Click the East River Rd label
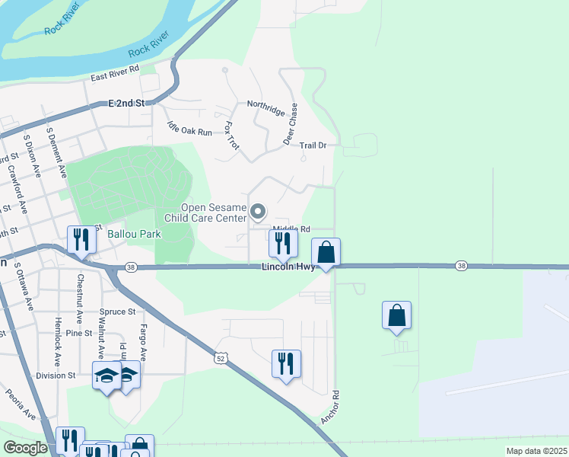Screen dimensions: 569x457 point(115,73)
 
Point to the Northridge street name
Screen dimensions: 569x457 point(265,104)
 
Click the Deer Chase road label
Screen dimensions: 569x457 point(291,124)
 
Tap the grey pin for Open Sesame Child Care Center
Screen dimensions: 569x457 point(259,213)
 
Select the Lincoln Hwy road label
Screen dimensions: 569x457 point(288,267)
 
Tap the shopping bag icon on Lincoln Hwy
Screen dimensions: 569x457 point(326,252)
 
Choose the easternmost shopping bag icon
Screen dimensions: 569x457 point(397,315)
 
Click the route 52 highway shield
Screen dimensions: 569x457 point(221,357)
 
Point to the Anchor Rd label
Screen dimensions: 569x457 point(329,408)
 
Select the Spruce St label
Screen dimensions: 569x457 point(117,312)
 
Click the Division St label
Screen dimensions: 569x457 point(56,376)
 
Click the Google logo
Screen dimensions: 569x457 point(26,448)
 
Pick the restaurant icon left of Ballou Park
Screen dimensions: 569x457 point(80,240)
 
